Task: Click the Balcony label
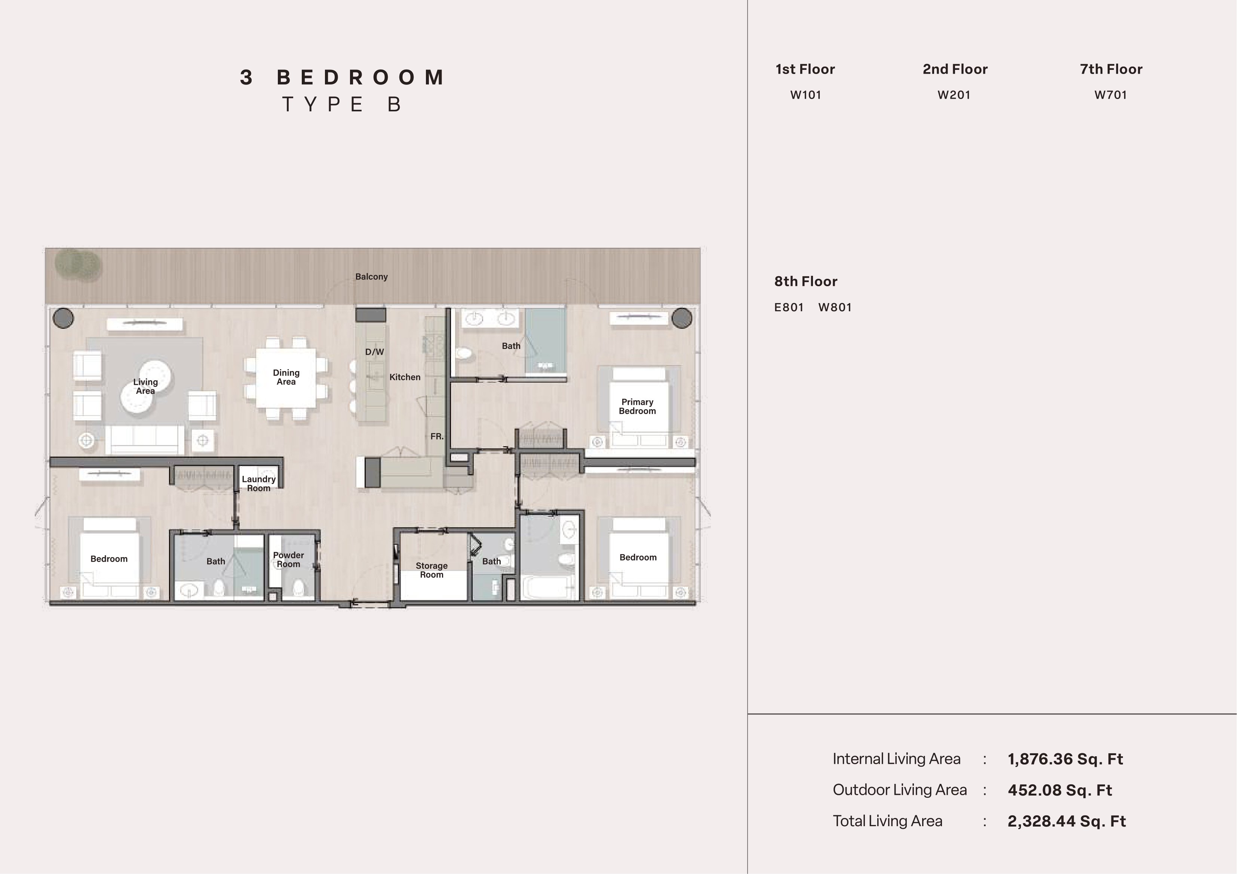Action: click(371, 277)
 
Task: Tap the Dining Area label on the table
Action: click(286, 377)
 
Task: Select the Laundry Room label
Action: click(259, 484)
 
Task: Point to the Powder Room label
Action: click(288, 559)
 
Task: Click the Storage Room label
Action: click(432, 570)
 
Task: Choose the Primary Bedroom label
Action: click(637, 407)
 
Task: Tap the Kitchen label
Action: click(405, 377)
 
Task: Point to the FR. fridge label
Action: click(437, 436)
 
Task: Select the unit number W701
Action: click(1110, 95)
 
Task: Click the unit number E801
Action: click(789, 308)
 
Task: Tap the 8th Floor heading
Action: click(806, 282)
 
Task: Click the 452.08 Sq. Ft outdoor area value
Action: click(1060, 790)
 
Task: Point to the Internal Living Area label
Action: click(896, 759)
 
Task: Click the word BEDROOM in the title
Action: click(360, 78)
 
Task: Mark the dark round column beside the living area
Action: click(63, 318)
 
